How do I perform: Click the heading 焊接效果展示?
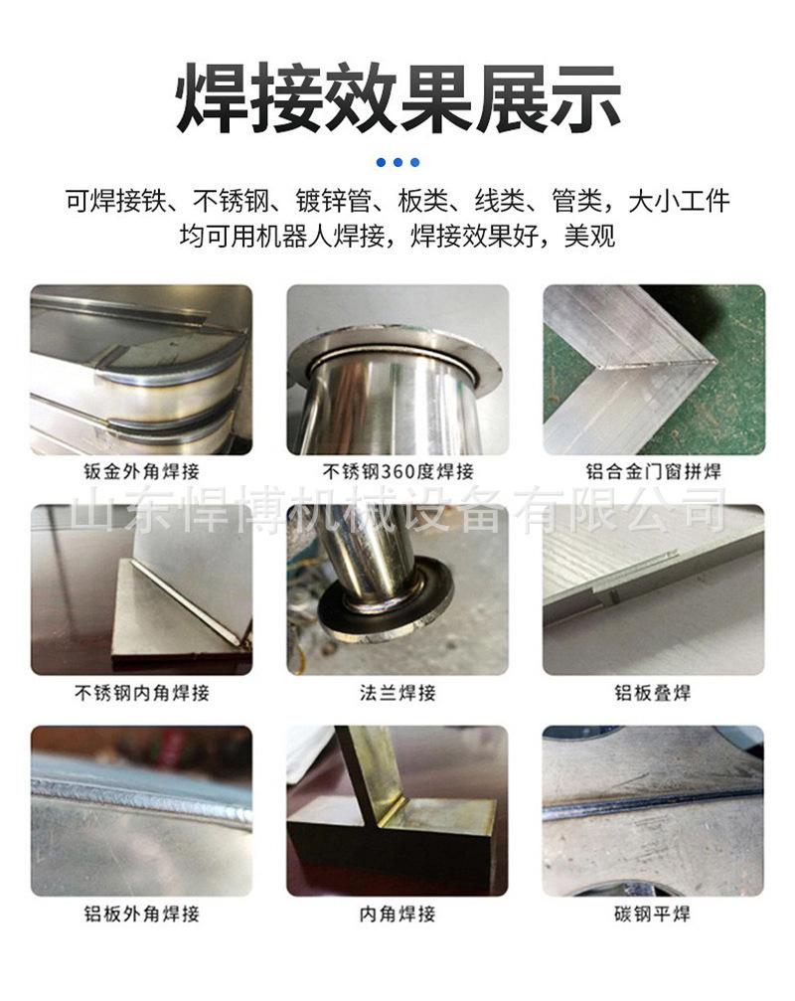pyautogui.click(x=397, y=96)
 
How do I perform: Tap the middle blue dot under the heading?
pyautogui.click(x=398, y=162)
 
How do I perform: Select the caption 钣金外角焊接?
pyautogui.click(x=142, y=473)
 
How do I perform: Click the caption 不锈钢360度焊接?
pyautogui.click(x=397, y=473)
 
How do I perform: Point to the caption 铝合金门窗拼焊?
pyautogui.click(x=653, y=473)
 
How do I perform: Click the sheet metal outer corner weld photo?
pyautogui.click(x=141, y=370)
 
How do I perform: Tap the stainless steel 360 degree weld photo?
pyautogui.click(x=397, y=370)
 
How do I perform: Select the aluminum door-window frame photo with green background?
pyautogui.click(x=653, y=370)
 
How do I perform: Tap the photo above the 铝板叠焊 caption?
pyautogui.click(x=653, y=589)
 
